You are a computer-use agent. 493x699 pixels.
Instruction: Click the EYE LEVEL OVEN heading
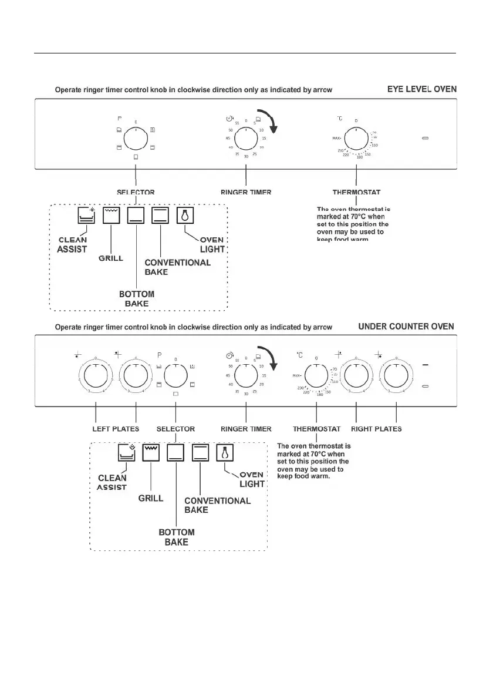(421, 89)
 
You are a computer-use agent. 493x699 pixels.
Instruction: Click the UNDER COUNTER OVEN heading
(406, 326)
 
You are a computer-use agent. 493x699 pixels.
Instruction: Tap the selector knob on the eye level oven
(136, 140)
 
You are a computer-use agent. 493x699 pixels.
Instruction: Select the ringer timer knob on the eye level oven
(246, 140)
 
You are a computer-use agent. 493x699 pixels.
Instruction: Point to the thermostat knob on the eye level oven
(356, 140)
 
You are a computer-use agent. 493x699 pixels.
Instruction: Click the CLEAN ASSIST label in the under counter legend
(112, 482)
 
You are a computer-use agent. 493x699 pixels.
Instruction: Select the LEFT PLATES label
(116, 429)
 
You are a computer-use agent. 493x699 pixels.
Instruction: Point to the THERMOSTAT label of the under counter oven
(316, 429)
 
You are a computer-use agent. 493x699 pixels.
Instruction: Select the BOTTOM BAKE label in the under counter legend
(176, 537)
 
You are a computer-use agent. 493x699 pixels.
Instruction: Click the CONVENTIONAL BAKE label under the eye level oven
(177, 267)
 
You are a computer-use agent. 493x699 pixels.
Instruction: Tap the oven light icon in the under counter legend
(225, 453)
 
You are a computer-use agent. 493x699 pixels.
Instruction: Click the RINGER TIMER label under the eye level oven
(246, 192)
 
